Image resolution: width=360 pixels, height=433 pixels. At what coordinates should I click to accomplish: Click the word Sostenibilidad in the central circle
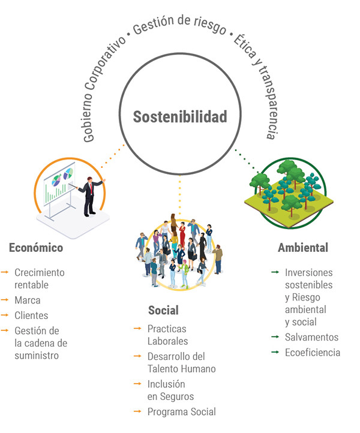coord(180,116)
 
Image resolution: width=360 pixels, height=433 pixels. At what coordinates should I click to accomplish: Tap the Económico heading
coord(36,248)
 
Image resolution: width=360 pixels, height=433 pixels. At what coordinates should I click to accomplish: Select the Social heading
coord(163,310)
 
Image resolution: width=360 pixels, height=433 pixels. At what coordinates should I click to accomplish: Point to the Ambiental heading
coord(303,248)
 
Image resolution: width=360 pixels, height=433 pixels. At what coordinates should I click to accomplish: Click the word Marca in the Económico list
coord(28,300)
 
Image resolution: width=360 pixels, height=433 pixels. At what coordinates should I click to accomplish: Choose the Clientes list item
coord(31,315)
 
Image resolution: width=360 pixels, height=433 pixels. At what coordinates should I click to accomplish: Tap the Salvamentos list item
coord(311,337)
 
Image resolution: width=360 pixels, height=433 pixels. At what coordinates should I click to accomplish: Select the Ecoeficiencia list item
coord(313,353)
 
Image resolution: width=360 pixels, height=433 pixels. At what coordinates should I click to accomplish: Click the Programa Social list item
coord(182,412)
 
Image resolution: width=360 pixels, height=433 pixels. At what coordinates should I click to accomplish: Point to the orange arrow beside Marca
coord(5,300)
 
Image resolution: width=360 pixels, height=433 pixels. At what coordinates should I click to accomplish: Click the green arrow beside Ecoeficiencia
coord(275,352)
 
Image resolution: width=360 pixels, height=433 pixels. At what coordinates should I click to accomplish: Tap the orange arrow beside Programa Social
coord(137,411)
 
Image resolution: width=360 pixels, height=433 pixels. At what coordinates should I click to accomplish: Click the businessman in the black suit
coord(90,196)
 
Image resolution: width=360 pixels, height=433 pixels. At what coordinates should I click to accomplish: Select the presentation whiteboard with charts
coord(59,184)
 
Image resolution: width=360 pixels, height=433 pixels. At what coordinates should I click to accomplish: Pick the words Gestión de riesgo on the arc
coord(179,25)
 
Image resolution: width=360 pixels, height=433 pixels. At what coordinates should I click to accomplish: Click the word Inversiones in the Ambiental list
coord(308,272)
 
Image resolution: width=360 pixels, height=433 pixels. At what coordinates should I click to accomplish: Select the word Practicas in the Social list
coord(167,329)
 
